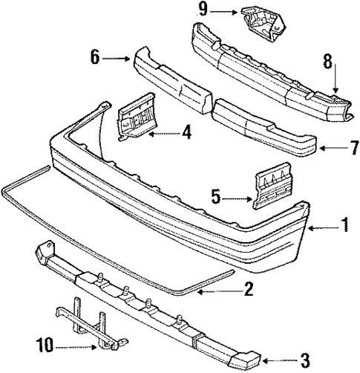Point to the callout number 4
pyautogui.click(x=186, y=134)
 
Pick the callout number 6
pyautogui.click(x=95, y=56)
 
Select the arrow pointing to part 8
pyautogui.click(x=335, y=82)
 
